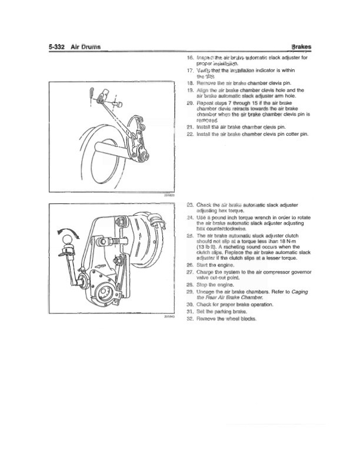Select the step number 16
click(x=189, y=58)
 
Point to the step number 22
click(x=189, y=135)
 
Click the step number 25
click(x=189, y=235)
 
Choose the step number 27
click(x=189, y=272)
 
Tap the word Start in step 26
click(x=203, y=266)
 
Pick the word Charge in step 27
click(x=206, y=272)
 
